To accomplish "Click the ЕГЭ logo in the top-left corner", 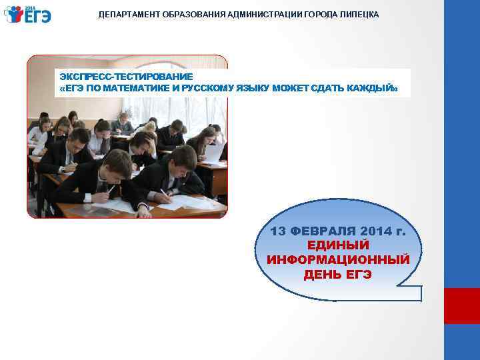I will [x=27, y=14].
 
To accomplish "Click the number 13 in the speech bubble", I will [x=279, y=231].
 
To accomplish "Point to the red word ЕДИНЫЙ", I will [x=338, y=245].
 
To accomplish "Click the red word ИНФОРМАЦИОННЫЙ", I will [x=338, y=259].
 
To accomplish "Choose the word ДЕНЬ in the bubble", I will [x=319, y=274].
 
